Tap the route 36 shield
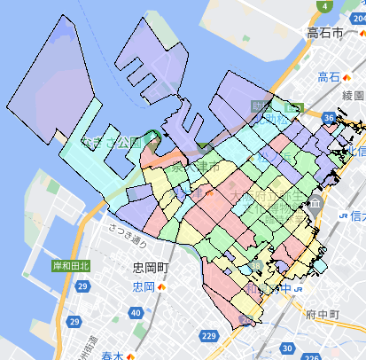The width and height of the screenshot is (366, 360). pyautogui.click(x=329, y=117)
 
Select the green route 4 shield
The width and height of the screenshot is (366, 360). pyautogui.click(x=327, y=6)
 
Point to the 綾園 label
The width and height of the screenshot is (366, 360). pyautogui.click(x=353, y=94)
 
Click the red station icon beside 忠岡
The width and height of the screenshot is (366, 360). pyautogui.click(x=161, y=287)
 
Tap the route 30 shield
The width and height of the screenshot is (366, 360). pyautogui.click(x=264, y=350)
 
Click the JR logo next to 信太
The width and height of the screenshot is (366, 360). pyautogui.click(x=340, y=215)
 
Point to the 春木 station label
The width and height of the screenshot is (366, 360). pyautogui.click(x=112, y=356)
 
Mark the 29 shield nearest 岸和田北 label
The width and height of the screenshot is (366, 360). pyautogui.click(x=82, y=286)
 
